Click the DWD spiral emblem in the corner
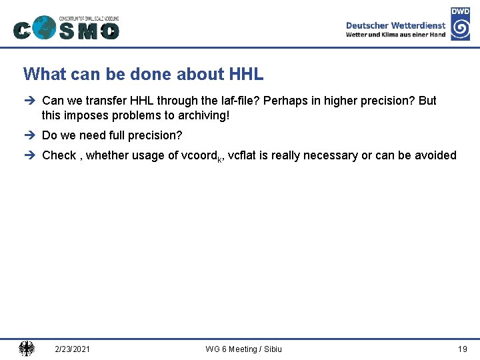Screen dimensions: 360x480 click(x=460, y=28)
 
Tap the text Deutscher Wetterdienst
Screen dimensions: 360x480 click(x=395, y=25)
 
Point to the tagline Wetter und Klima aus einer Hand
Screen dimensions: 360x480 click(x=395, y=35)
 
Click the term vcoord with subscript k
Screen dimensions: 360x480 click(x=202, y=156)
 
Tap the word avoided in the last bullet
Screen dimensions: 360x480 click(x=435, y=155)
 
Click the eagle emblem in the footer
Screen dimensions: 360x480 click(x=27, y=349)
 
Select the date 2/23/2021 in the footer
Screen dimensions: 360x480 click(x=73, y=349)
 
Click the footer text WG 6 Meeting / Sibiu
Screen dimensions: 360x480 click(x=243, y=349)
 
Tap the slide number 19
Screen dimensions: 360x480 click(x=462, y=349)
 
